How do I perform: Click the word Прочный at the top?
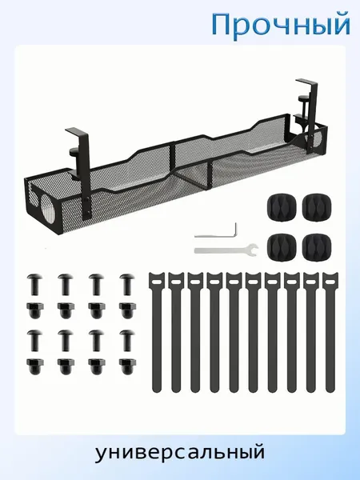(x=281, y=25)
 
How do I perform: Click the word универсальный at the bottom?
(x=180, y=454)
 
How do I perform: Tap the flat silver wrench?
(x=226, y=250)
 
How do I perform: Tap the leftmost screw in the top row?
(x=35, y=284)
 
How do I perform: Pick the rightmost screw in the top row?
(x=127, y=284)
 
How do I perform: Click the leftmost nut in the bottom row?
(x=35, y=366)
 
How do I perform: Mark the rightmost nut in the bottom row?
(x=127, y=366)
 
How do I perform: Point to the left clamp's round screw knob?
(x=74, y=150)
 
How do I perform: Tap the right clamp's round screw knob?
(x=302, y=100)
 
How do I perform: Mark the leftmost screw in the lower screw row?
(x=35, y=340)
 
